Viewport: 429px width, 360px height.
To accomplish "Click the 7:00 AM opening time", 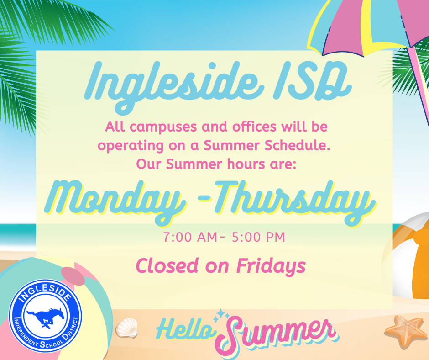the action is coord(190,237).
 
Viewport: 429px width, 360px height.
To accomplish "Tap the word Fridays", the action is coord(271,266).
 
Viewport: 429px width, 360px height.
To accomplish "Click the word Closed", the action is coord(167,266).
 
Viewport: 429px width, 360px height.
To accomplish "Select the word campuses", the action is coord(163,127).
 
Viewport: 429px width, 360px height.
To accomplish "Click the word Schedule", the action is coord(297,145).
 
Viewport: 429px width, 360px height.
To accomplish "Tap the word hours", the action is coord(246,164).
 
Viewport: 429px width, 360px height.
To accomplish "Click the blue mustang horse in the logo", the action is coord(46,317).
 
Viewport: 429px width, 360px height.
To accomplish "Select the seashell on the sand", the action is coord(127,328).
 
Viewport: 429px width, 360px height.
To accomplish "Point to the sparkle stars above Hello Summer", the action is coord(221,316).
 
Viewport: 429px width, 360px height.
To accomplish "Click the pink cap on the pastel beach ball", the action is coord(73,276).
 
